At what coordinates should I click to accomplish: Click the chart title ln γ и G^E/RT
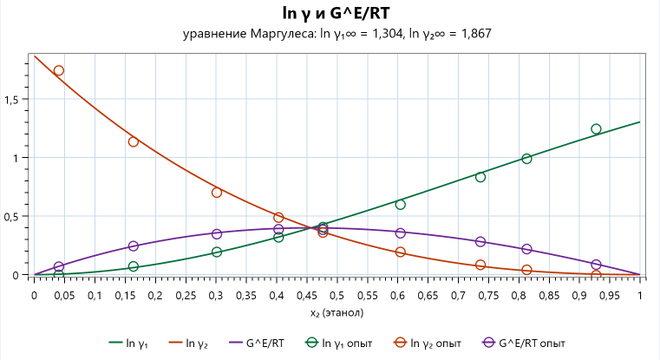pos(336,14)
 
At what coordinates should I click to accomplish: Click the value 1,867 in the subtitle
pos(476,34)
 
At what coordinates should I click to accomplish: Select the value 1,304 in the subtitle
pos(387,34)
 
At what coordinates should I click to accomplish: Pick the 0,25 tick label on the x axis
pos(186,296)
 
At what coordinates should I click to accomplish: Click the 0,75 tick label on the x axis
pos(488,296)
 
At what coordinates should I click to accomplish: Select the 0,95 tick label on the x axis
pos(610,296)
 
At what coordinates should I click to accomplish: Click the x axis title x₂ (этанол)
pos(337,313)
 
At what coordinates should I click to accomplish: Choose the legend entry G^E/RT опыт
pos(523,343)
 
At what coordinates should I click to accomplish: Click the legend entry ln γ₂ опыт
pos(428,343)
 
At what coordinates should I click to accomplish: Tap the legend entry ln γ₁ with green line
pos(128,343)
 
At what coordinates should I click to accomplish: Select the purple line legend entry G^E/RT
pos(257,343)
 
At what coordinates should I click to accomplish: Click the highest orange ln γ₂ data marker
pos(59,70)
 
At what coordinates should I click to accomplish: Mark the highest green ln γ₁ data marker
pos(596,129)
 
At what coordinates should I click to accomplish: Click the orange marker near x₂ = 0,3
pos(217,193)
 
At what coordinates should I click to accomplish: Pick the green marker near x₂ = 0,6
pos(401,204)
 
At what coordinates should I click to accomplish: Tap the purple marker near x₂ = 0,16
pos(134,245)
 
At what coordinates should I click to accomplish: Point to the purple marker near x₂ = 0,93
pos(596,265)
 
